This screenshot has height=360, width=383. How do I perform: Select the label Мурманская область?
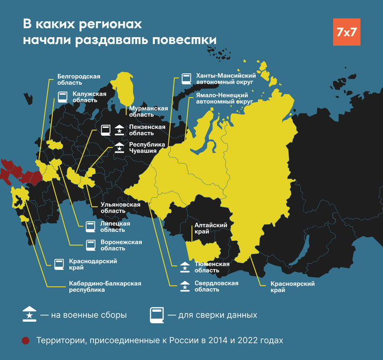(149, 111)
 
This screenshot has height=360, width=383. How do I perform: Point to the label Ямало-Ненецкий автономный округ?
(225, 98)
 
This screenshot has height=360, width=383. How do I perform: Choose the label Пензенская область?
(148, 130)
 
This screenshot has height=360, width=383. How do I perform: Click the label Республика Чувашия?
(147, 147)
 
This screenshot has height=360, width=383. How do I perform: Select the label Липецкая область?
(115, 226)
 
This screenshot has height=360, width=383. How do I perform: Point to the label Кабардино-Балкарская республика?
(105, 287)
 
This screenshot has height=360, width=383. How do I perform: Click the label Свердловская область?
(216, 286)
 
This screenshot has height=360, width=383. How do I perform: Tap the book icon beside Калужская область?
(63, 97)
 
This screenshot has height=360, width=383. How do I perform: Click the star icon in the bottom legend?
(30, 314)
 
